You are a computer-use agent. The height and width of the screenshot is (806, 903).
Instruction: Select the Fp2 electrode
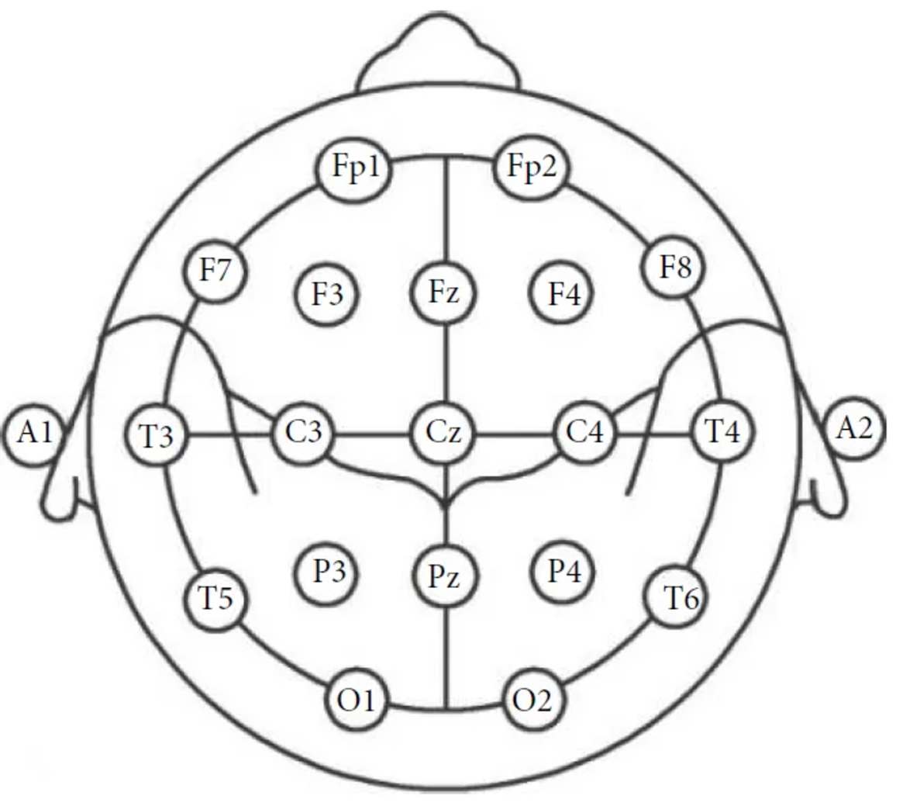pyautogui.click(x=532, y=168)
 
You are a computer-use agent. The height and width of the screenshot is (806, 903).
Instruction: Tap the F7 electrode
pyautogui.click(x=216, y=271)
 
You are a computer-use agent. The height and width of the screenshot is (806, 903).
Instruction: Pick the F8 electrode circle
pyautogui.click(x=675, y=268)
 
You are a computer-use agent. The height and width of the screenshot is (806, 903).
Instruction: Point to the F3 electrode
pyautogui.click(x=327, y=294)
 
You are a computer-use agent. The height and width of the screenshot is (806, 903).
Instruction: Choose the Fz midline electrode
pyautogui.click(x=443, y=293)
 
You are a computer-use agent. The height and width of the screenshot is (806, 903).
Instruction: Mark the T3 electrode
pyautogui.click(x=157, y=436)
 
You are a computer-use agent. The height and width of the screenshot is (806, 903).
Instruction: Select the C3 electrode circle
pyautogui.click(x=303, y=432)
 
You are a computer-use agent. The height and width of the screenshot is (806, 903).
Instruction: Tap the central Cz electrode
pyautogui.click(x=443, y=432)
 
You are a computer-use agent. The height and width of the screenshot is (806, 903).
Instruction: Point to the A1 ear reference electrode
pyautogui.click(x=35, y=432)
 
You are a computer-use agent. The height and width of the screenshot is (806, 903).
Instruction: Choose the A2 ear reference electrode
pyautogui.click(x=854, y=428)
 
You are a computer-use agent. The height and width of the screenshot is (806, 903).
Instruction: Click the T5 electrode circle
pyautogui.click(x=216, y=598)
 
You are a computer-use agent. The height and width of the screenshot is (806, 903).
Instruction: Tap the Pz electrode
pyautogui.click(x=444, y=576)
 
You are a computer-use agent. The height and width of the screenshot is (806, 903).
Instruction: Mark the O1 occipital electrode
pyautogui.click(x=356, y=701)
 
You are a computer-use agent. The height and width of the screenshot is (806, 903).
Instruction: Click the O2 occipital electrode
pyautogui.click(x=533, y=700)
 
